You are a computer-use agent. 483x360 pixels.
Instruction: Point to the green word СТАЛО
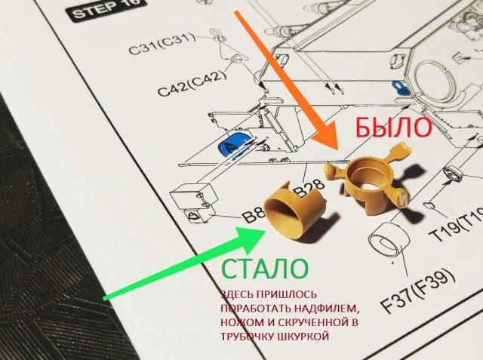[263, 269]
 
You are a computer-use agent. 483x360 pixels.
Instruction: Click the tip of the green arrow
[266, 226]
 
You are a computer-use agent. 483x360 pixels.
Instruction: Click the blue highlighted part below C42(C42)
[232, 143]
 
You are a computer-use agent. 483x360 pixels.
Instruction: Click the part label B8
[252, 217]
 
